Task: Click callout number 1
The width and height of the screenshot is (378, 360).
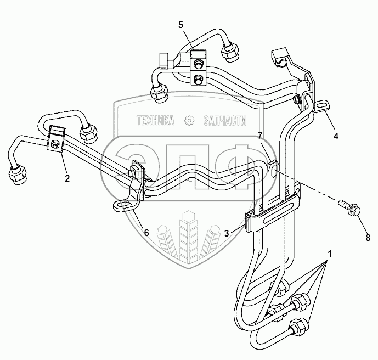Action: (330, 254)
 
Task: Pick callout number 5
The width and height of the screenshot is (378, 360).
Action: (180, 25)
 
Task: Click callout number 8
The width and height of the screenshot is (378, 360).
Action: (368, 238)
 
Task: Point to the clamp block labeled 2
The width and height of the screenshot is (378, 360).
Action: (56, 139)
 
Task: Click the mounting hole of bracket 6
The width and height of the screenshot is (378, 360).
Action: (121, 206)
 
